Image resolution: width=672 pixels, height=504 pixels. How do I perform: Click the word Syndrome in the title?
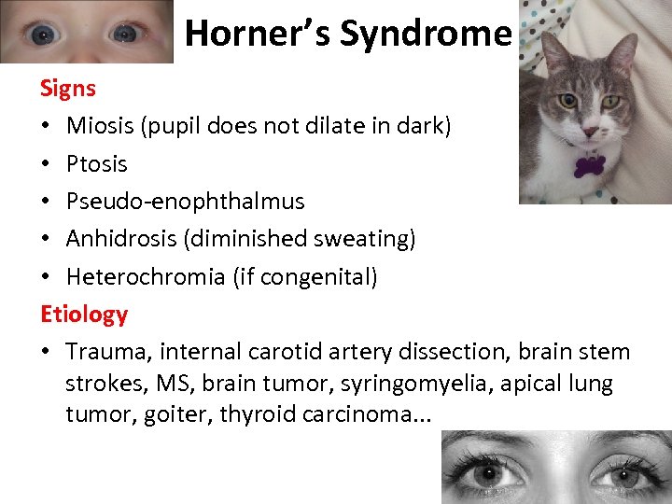click(x=426, y=35)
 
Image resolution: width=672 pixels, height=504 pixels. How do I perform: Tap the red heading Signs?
click(x=67, y=89)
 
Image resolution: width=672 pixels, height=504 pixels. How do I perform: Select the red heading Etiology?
click(x=83, y=315)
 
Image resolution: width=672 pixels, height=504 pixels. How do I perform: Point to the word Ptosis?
click(x=96, y=164)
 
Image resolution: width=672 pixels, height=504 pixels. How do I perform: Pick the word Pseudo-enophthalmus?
click(x=185, y=202)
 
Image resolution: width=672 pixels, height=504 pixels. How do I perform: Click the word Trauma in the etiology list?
click(x=105, y=352)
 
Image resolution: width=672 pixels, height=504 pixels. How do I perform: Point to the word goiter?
click(x=175, y=413)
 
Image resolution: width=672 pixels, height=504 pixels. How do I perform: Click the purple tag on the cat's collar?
click(x=589, y=166)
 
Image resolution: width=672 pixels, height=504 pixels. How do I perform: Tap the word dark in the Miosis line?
click(x=423, y=126)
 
